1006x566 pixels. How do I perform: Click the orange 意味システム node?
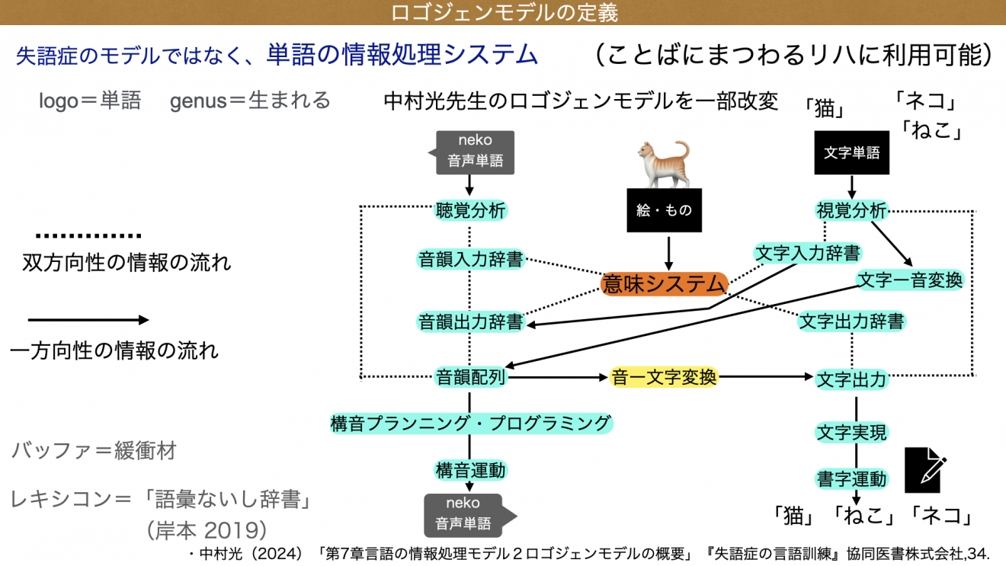coord(663,284)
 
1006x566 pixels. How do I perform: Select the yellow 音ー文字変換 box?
coord(664,377)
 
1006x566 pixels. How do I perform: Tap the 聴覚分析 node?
coord(470,211)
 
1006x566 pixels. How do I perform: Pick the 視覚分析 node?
coord(851,211)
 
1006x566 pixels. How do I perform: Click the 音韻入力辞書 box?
coord(470,259)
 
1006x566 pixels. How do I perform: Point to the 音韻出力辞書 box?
coord(470,321)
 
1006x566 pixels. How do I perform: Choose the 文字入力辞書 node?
coord(807,252)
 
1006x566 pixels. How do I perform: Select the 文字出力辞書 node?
coord(851,321)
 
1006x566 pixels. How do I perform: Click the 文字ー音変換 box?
coord(910,280)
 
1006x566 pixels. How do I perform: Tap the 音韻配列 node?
coord(470,377)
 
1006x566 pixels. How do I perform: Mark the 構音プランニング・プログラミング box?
coord(470,423)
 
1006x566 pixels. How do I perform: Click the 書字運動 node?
coord(851,478)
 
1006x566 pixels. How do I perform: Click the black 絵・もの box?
coord(663,210)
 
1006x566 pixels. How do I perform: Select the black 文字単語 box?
coord(851,152)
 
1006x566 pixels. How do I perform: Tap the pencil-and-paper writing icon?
coord(925,470)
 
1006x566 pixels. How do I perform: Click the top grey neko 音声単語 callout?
coord(475,151)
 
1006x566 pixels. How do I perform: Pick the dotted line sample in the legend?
coord(88,236)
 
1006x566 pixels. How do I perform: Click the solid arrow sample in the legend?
coord(88,321)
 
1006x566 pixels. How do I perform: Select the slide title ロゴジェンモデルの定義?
coord(503,12)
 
